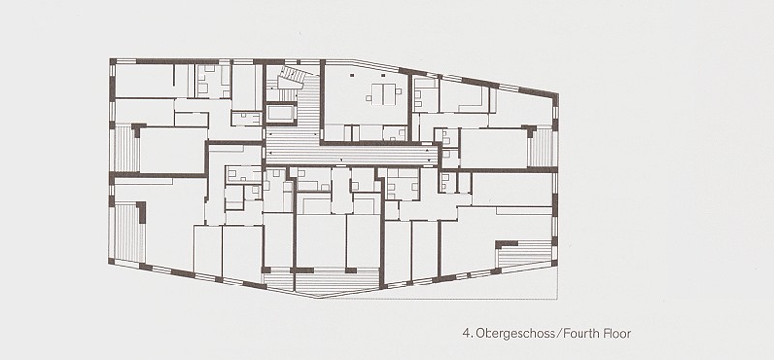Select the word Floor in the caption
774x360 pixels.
click(x=616, y=333)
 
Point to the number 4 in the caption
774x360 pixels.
click(x=466, y=333)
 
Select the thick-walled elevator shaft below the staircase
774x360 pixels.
click(x=282, y=113)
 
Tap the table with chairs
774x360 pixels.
click(x=383, y=94)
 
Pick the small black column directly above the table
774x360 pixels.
click(x=383, y=75)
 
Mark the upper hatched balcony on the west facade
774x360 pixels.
click(x=126, y=148)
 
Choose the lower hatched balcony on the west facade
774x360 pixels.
click(x=129, y=233)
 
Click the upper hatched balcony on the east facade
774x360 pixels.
click(x=541, y=147)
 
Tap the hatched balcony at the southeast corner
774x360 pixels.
click(x=524, y=254)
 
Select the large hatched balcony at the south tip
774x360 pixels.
click(x=335, y=282)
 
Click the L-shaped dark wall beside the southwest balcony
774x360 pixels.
click(x=142, y=211)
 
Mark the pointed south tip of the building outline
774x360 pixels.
click(x=318, y=298)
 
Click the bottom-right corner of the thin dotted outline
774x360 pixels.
click(x=558, y=299)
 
